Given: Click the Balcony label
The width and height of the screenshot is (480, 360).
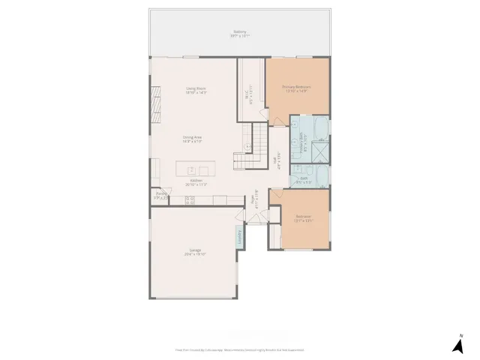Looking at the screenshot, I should pos(239,34).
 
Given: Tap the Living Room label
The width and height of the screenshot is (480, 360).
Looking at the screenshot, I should pos(196,91).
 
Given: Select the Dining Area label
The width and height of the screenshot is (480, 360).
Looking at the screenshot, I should pos(193,138).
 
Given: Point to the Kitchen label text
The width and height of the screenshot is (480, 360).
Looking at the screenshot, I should pos(196,182).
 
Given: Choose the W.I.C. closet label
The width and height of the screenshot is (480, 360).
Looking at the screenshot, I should pos(251,96).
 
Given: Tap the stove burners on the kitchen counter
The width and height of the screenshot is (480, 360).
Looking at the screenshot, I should pos(190,200).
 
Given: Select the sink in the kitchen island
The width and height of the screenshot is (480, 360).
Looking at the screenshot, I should pos(192,170).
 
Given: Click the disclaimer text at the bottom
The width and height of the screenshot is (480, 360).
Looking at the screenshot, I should pos(239,349).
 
